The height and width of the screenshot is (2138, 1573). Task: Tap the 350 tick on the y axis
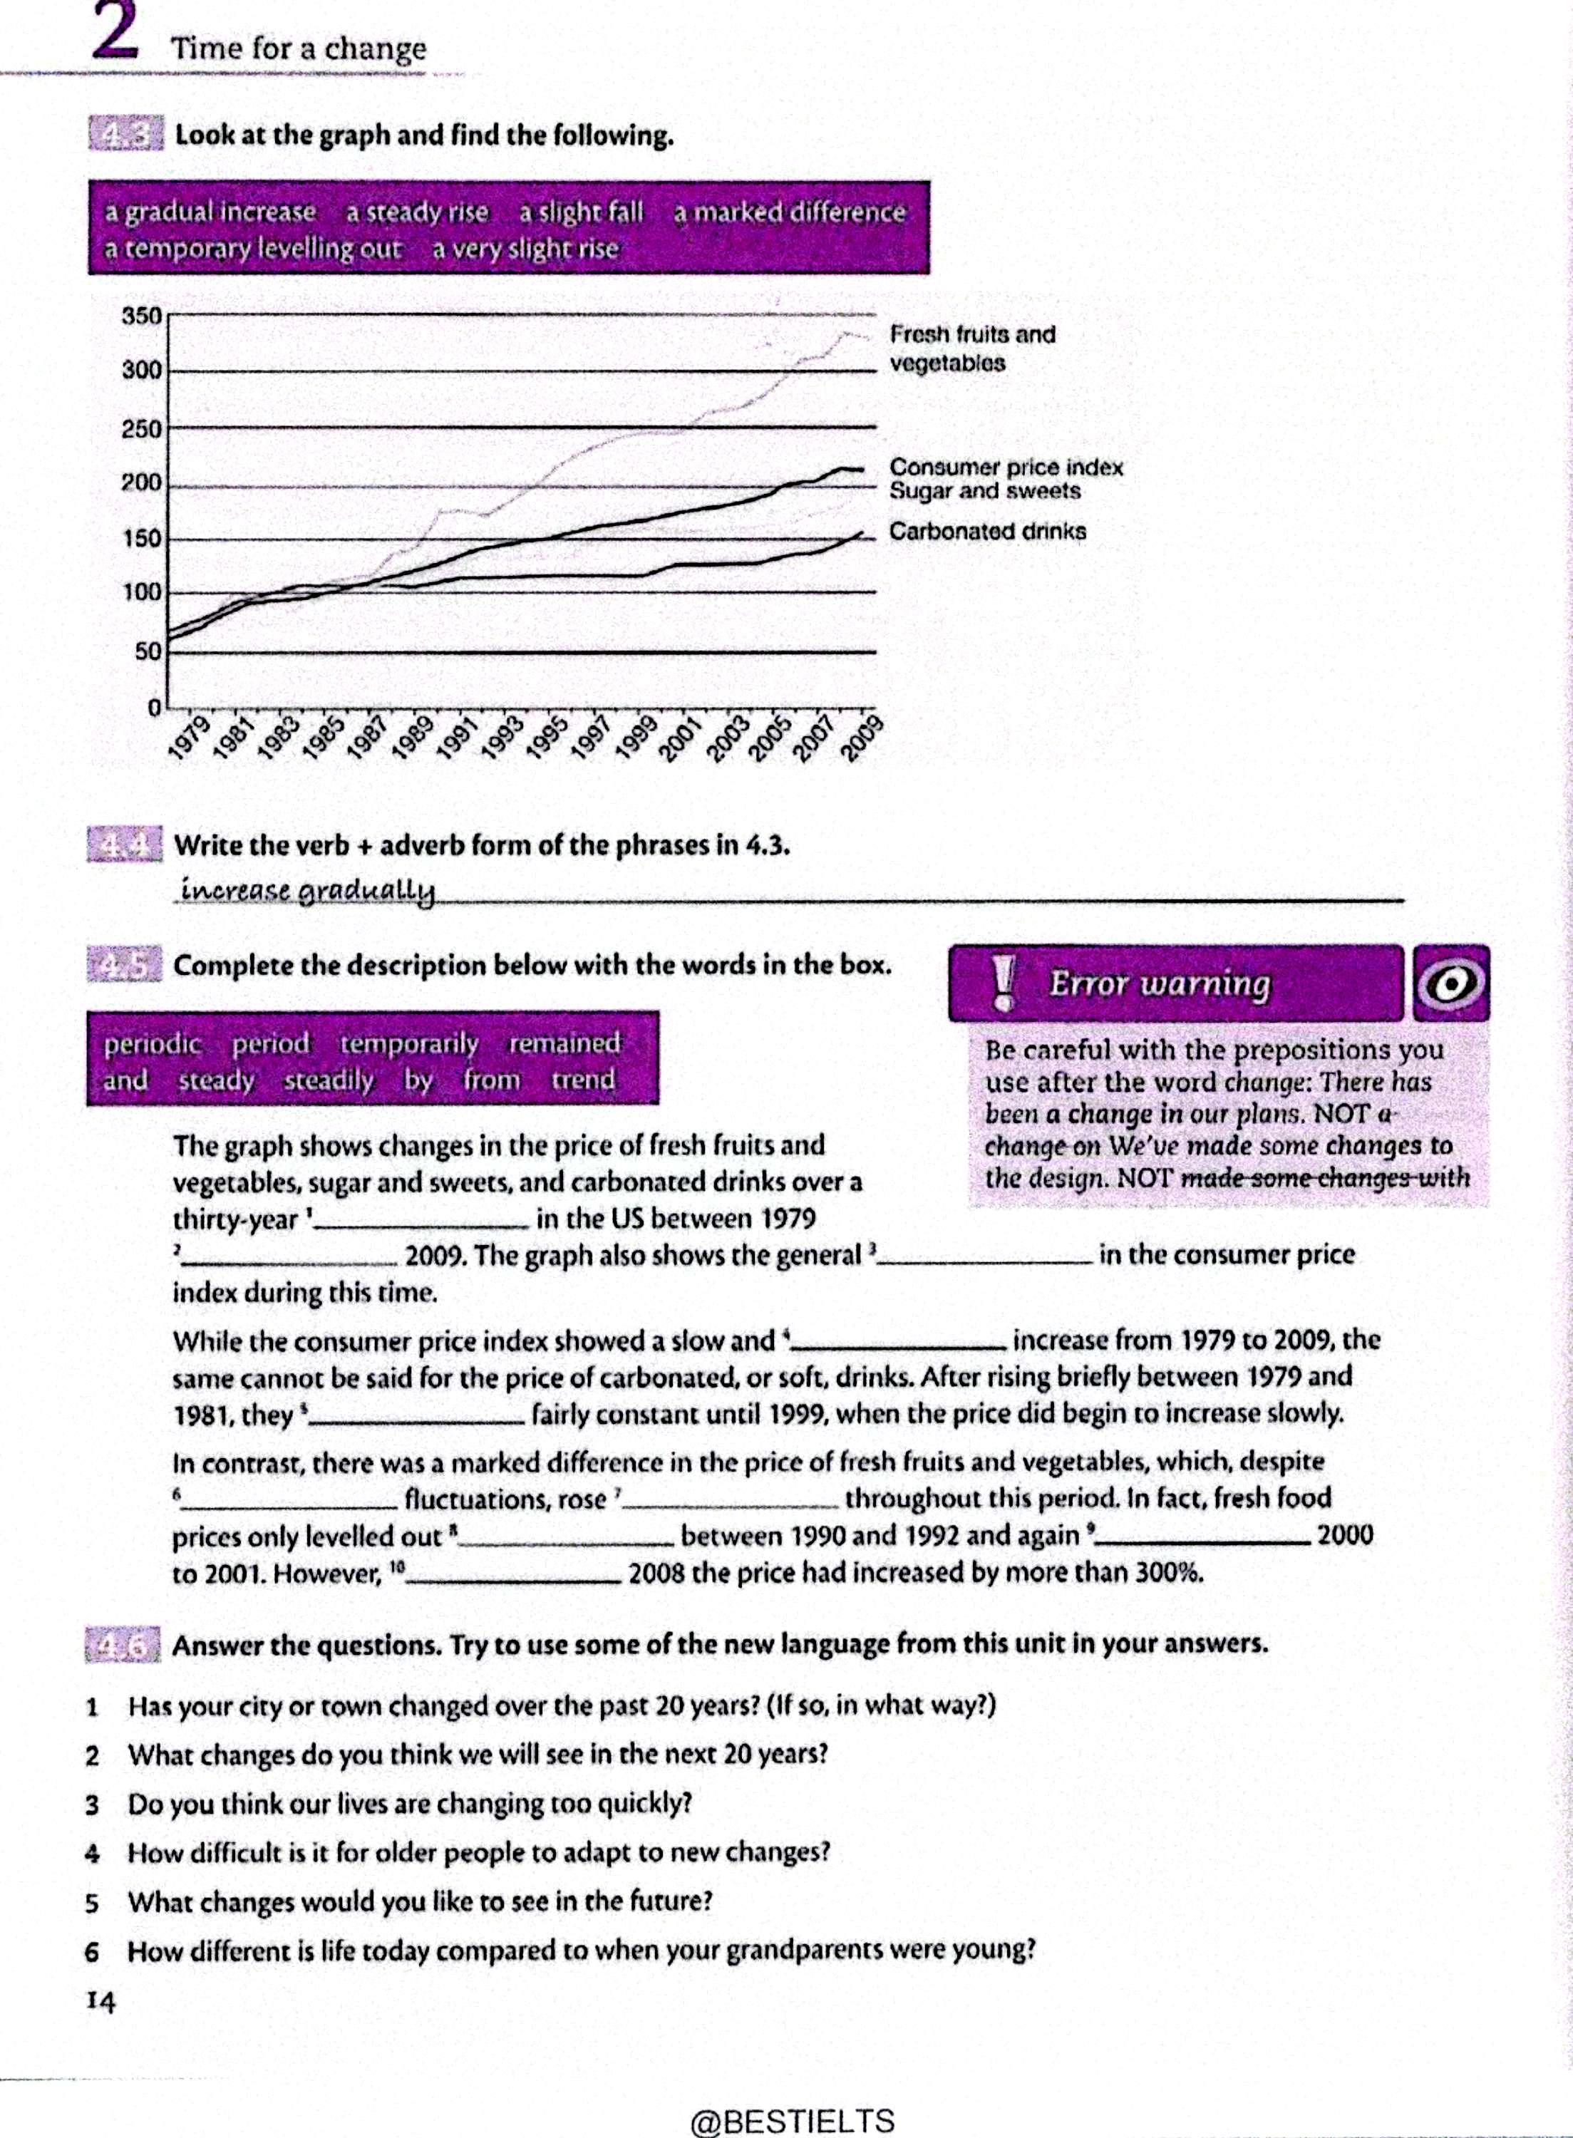(142, 315)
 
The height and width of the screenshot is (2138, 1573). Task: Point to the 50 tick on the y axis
(147, 652)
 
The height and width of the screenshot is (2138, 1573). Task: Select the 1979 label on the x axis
(187, 738)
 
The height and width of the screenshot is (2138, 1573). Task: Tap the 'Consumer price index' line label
(1006, 468)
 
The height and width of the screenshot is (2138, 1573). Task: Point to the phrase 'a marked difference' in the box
(790, 212)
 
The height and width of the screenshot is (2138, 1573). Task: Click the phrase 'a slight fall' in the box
(581, 212)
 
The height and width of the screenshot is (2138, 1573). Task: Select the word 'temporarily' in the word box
(409, 1043)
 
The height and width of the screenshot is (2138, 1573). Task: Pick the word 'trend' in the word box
(583, 1080)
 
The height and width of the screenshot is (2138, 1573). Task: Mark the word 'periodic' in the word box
(153, 1043)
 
